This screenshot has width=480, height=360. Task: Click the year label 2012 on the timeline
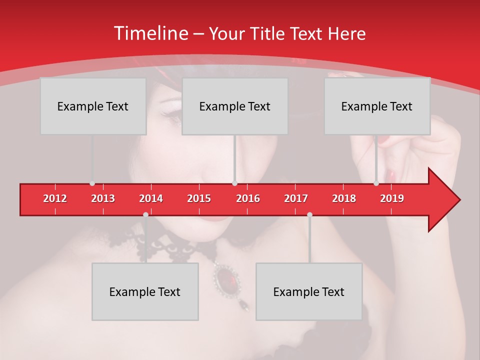pos(55,198)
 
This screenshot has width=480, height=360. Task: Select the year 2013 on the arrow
pos(103,198)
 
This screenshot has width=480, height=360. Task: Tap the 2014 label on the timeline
pos(151,198)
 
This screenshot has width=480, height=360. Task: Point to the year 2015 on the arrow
pos(199,198)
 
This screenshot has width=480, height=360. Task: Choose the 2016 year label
pos(248,198)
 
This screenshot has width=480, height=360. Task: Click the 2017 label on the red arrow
pos(296,198)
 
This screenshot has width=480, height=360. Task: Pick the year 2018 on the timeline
pos(344,198)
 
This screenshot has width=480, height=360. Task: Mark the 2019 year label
pos(392,198)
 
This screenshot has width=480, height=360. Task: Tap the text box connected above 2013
pos(93,106)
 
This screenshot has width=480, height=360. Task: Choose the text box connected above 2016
pos(235,106)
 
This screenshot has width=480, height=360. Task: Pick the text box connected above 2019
pos(377,106)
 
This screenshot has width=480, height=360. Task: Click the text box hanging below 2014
pos(145,291)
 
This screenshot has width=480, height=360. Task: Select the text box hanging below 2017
pos(309,291)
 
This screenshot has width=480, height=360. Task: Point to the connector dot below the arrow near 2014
pos(145,214)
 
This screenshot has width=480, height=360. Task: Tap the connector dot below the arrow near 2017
pos(309,214)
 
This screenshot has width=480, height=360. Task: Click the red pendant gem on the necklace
pos(228,278)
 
